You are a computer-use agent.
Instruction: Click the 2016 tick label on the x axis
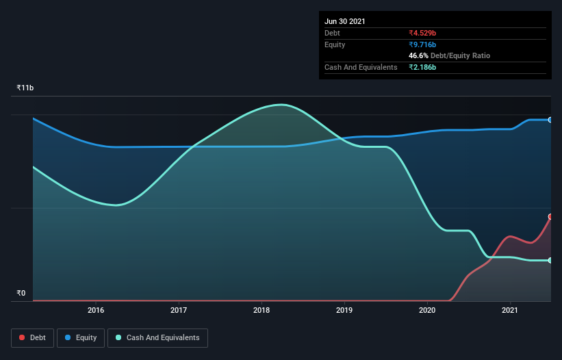click(96, 310)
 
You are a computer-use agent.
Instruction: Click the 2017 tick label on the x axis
click(179, 310)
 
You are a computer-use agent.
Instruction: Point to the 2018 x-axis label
click(261, 310)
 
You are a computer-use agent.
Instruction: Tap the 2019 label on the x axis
click(344, 310)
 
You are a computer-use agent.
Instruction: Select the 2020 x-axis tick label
click(427, 310)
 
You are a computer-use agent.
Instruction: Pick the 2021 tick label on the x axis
click(510, 310)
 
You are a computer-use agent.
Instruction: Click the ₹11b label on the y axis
click(25, 88)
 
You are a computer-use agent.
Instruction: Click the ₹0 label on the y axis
click(21, 294)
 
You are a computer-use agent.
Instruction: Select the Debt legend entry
click(31, 337)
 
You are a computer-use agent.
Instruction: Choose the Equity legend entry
click(81, 337)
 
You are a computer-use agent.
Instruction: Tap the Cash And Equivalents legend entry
click(157, 337)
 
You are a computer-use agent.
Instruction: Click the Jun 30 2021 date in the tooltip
click(345, 21)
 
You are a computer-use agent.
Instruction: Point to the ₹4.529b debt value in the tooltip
click(422, 33)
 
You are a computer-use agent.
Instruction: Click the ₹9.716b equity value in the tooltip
click(422, 44)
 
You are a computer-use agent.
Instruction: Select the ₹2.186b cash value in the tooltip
click(422, 67)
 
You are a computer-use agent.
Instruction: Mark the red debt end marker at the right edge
click(550, 216)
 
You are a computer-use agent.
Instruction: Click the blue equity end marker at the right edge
click(550, 120)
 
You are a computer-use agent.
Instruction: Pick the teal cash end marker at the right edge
click(550, 260)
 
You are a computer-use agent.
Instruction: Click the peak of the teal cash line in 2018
click(281, 105)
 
